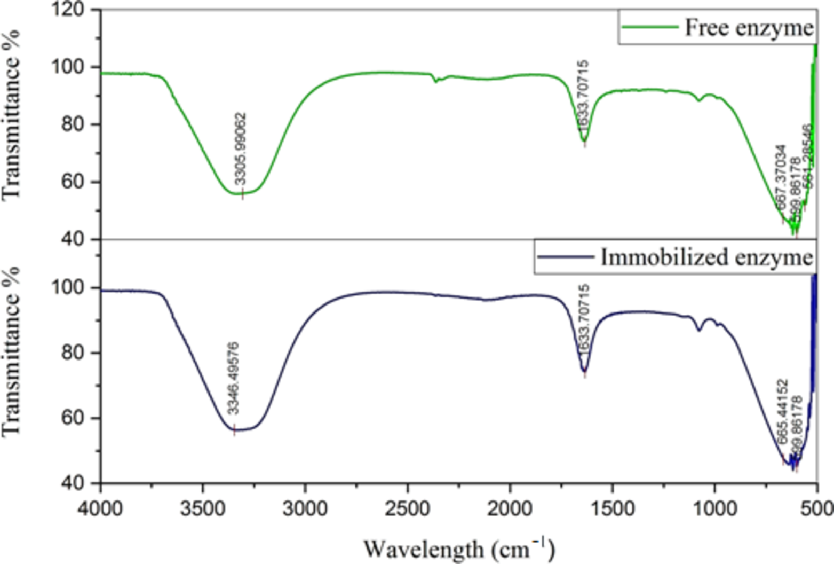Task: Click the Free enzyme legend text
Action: point(749,27)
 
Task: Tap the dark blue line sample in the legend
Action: point(566,257)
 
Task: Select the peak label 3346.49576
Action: point(233,378)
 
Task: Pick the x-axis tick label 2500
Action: point(408,508)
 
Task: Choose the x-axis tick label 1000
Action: point(714,508)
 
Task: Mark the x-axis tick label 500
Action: point(817,508)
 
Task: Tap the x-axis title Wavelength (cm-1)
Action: point(459,549)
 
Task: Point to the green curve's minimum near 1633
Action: point(584,142)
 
